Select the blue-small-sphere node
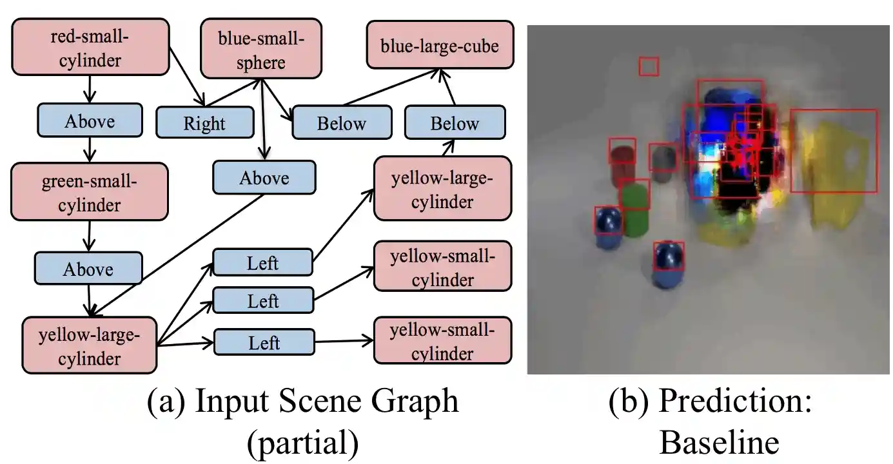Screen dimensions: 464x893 click(261, 48)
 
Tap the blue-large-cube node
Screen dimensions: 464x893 click(440, 46)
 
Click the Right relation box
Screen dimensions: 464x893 click(205, 122)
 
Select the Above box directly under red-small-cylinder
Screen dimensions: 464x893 click(90, 121)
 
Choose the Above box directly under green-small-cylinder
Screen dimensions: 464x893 click(88, 269)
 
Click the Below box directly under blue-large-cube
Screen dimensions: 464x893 click(455, 122)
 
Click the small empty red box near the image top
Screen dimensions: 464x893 click(649, 66)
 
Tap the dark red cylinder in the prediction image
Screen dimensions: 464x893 click(622, 158)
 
